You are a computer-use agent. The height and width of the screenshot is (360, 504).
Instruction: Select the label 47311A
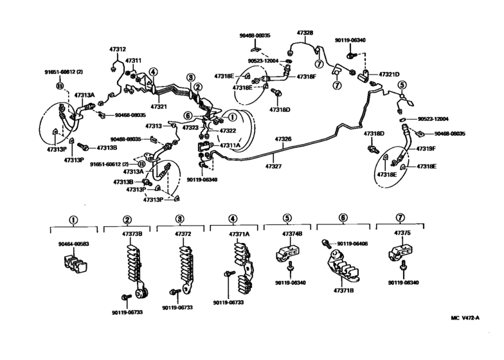click(230, 146)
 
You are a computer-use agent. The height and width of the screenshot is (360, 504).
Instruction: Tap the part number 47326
click(283, 139)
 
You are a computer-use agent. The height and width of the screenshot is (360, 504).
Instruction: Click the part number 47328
click(305, 32)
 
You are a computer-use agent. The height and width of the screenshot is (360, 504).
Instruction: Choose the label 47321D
click(389, 74)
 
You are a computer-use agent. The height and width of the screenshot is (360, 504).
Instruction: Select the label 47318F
click(307, 76)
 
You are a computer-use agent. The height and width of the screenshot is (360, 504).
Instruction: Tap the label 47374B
click(291, 235)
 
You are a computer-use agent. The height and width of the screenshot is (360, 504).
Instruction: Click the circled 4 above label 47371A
click(235, 219)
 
